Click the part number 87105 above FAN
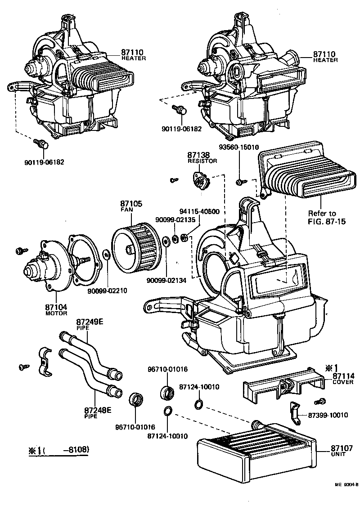pos(131,204)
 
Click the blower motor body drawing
pos(38,268)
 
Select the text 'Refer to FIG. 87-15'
pos(322,217)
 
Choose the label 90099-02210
pos(107,291)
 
